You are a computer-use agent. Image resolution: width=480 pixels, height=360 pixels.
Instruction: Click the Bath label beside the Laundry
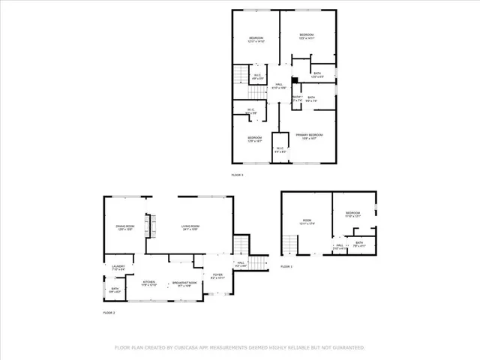tap(115, 289)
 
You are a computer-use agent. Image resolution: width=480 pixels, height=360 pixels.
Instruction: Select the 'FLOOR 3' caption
tap(237, 175)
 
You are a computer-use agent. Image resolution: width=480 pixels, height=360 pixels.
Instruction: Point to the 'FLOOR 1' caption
tap(286, 266)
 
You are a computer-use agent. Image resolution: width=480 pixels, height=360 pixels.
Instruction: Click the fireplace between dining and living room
tap(148, 223)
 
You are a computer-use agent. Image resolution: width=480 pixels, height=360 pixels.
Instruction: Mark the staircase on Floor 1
tap(290, 244)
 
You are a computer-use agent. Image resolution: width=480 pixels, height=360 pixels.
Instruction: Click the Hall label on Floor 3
tap(278, 86)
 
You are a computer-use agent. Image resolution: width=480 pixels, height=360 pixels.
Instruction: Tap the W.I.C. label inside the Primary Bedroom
tap(280, 149)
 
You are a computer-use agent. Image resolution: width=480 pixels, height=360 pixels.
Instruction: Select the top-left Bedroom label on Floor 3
tap(256, 40)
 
